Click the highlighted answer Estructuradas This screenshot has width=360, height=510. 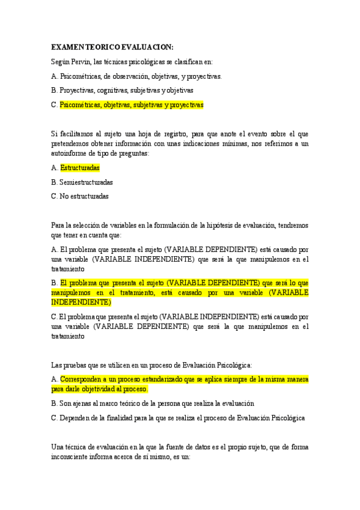tap(80, 168)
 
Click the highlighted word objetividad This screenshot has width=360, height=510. tap(105, 389)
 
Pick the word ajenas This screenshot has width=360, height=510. tap(82, 404)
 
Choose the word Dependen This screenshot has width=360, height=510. tap(75, 418)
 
